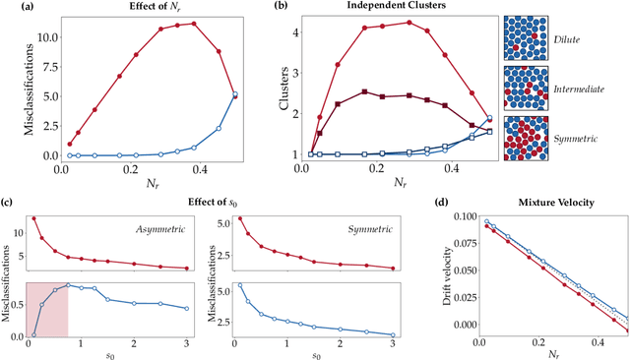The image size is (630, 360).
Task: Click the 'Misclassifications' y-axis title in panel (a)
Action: click(13, 89)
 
